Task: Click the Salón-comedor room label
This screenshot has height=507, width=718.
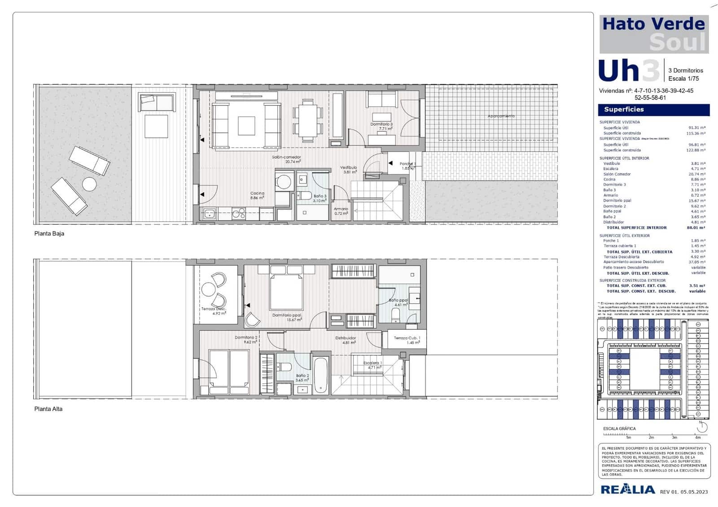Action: click(286, 157)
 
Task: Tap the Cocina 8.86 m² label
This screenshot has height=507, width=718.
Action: click(257, 195)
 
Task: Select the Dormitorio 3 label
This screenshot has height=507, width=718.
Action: click(381, 124)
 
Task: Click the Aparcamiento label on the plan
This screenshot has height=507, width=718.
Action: click(501, 116)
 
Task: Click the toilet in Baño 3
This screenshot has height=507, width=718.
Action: click(305, 196)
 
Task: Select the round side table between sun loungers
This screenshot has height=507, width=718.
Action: click(89, 184)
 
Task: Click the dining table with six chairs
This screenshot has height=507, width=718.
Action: click(308, 119)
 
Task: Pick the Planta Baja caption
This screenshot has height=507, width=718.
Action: click(49, 234)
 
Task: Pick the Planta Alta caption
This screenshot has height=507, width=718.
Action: click(48, 409)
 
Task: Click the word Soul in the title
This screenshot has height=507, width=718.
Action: click(678, 43)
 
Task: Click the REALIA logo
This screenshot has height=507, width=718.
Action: click(628, 490)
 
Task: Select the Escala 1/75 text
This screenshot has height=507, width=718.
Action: click(683, 79)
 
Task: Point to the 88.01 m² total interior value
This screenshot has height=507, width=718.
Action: click(696, 228)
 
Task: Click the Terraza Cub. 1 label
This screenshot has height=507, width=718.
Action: click(407, 338)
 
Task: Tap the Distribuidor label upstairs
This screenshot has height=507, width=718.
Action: click(346, 338)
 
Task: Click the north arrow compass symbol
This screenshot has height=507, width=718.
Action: click(702, 426)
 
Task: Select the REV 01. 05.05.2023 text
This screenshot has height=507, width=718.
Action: click(684, 492)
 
